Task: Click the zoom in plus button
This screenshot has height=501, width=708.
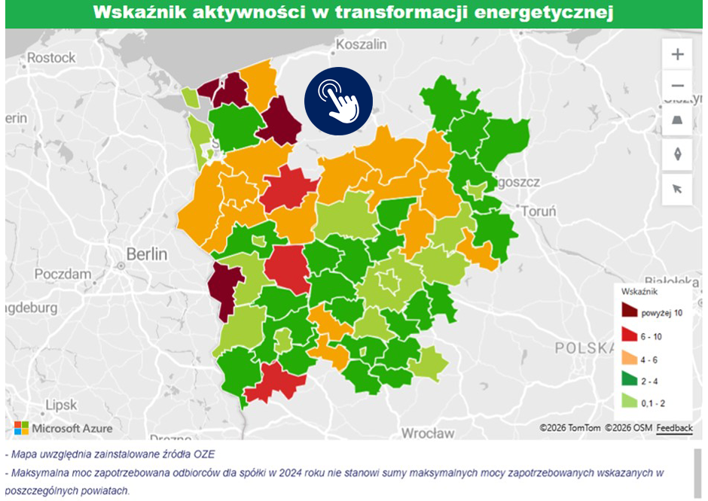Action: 677,54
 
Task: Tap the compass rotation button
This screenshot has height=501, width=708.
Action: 677,154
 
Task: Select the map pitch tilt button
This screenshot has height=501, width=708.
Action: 677,120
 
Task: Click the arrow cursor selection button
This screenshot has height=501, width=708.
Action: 677,189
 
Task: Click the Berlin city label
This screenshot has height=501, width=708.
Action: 147,254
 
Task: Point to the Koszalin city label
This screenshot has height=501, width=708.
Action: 362,44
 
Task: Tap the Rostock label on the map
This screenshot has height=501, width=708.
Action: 51,58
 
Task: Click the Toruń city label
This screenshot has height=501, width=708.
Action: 538,211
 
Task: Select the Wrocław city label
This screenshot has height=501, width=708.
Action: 428,433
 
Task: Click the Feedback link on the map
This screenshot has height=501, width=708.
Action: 674,428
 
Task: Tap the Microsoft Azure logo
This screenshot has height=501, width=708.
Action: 63,428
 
